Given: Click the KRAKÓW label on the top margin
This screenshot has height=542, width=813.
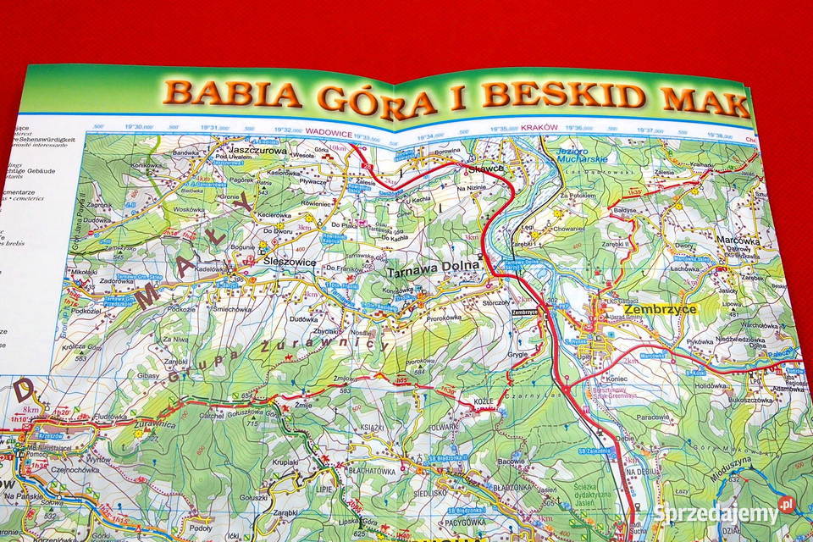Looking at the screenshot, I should point(539,128).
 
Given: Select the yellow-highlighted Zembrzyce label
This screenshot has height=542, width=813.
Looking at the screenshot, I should point(664,309).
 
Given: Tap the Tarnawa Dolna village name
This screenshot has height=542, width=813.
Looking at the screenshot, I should point(434,273).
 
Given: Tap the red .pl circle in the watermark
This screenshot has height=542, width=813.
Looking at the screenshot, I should point(787,506).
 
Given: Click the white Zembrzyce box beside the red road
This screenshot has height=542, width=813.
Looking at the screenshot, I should point(525,311).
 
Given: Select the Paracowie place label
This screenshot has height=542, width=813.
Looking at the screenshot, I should point(654,417).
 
